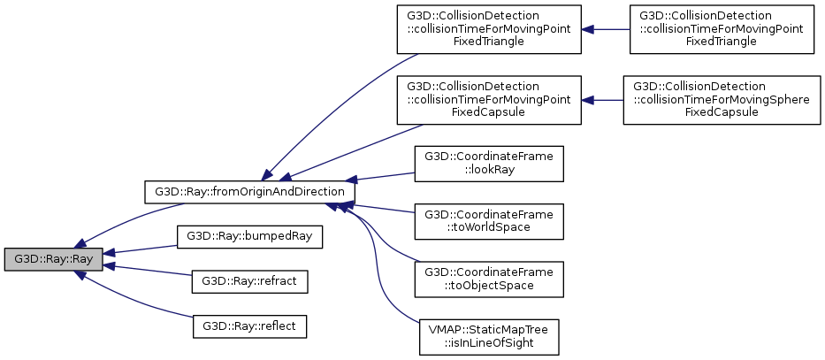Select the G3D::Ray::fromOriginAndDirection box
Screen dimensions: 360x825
[249, 191]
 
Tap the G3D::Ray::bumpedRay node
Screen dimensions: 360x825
[249, 236]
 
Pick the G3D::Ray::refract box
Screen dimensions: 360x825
[249, 281]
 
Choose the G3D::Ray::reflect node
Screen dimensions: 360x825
[249, 326]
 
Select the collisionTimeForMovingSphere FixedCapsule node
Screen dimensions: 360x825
[722, 100]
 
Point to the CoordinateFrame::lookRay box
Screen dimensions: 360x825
[489, 164]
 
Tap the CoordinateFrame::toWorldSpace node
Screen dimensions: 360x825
[489, 221]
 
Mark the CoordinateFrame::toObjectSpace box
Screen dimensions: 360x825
[489, 279]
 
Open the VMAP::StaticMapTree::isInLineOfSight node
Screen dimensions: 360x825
[489, 336]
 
